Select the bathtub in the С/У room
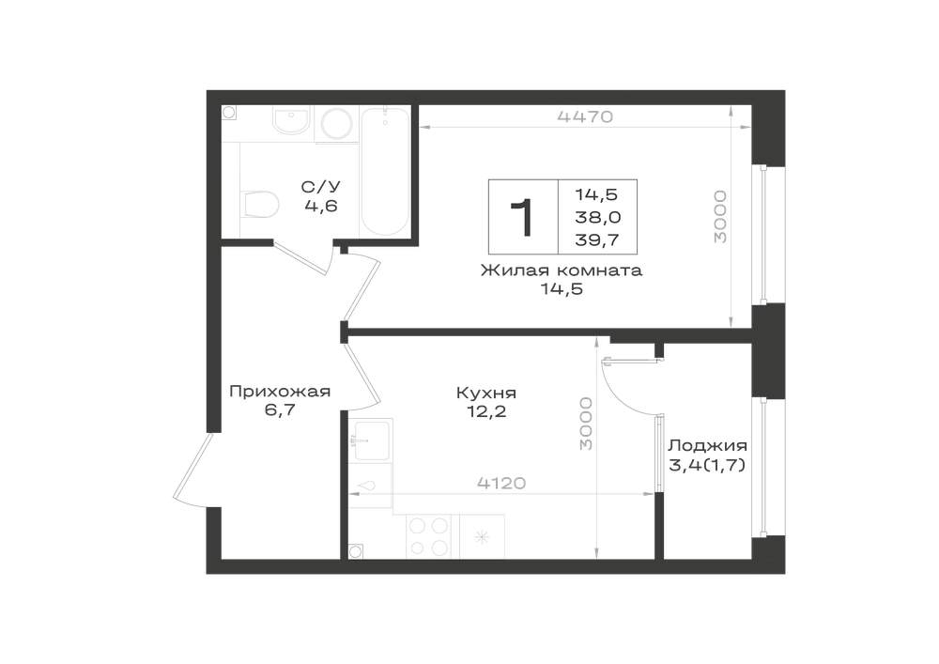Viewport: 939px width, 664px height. tap(385, 173)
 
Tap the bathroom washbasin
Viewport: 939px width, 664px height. tap(291, 120)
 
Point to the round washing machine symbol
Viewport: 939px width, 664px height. tap(338, 125)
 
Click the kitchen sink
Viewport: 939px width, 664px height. tap(370, 440)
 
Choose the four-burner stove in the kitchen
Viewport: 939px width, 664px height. tap(429, 537)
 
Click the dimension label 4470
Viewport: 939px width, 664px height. tap(585, 116)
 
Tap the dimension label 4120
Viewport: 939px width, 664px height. tap(501, 483)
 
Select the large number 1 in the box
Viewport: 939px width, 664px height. tap(522, 218)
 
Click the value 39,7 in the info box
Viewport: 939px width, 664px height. tap(596, 240)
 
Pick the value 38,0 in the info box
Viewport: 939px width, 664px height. tap(597, 217)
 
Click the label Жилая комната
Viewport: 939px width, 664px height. tap(562, 270)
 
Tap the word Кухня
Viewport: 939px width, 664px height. tap(486, 394)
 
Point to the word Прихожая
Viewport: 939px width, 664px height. tap(280, 392)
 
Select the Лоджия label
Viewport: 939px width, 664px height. tap(707, 446)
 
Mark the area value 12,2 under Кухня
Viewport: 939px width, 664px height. tap(486, 412)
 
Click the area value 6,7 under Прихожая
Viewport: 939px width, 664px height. tap(280, 410)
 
